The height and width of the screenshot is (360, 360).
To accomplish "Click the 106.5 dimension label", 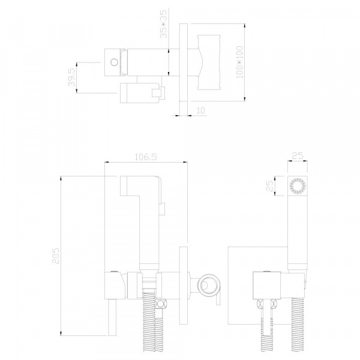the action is pos(146,157).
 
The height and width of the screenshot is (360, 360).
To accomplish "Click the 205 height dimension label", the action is pos(56,256).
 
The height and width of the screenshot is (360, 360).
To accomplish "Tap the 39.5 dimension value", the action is pos(71,77).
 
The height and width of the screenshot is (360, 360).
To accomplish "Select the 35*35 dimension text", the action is pos(164,24).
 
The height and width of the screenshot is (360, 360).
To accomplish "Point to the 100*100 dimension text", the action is pos(239,62).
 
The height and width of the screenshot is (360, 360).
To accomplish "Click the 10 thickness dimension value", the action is pos(200,110).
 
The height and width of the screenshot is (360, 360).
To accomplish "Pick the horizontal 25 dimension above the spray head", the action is pos(298,156).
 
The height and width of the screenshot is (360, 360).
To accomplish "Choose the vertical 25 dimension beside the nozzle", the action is pos(269,186).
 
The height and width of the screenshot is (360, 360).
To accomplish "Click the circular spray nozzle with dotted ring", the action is pos(298,186).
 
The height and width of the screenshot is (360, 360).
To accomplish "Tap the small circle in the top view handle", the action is pos(114,62).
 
